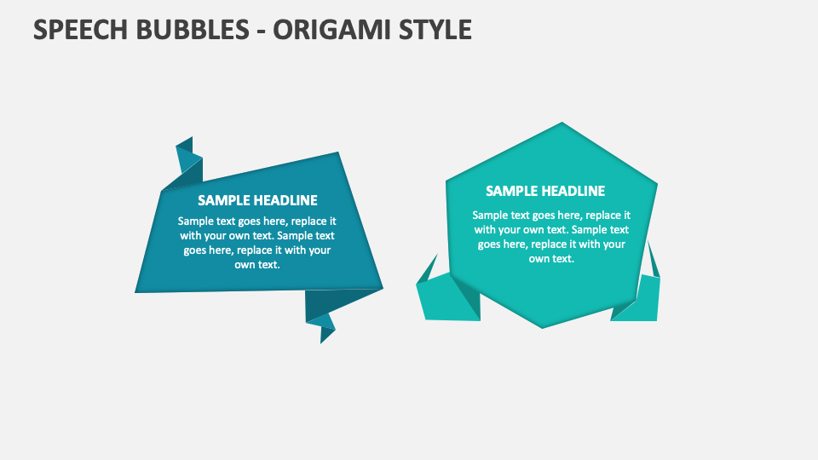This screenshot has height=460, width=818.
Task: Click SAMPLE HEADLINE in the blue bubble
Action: point(257,200)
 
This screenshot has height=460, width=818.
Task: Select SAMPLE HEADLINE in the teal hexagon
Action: point(545,191)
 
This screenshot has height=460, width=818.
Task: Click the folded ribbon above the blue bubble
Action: point(187,162)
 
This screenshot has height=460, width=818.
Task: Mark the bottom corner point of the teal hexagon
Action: point(543,326)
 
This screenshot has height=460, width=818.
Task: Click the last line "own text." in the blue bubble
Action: point(257,264)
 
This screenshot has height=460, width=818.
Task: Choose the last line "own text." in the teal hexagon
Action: point(551,258)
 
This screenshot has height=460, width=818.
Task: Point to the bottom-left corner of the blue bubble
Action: point(137,291)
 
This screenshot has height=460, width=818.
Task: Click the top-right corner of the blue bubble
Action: point(338,153)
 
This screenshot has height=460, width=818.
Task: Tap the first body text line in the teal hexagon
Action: point(551,215)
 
